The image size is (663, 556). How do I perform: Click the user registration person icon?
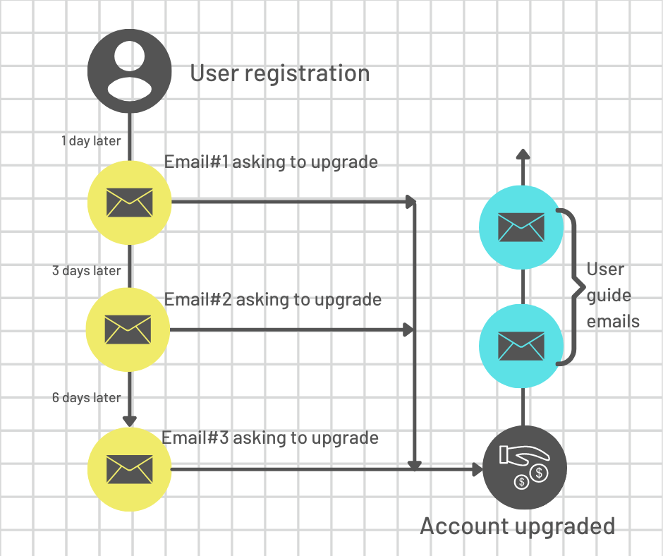(x=129, y=71)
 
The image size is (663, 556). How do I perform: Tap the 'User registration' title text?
(x=280, y=73)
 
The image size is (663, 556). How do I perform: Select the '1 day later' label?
(x=91, y=141)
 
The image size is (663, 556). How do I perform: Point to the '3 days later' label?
(x=86, y=271)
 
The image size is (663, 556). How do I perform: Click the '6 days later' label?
(x=86, y=398)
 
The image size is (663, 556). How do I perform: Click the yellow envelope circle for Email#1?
(x=129, y=203)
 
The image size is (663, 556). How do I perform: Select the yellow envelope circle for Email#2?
(x=128, y=330)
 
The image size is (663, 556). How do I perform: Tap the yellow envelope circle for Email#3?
(x=129, y=469)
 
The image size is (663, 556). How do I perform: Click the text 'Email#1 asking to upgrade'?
(x=271, y=162)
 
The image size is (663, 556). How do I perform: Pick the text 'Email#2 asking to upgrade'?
(x=273, y=300)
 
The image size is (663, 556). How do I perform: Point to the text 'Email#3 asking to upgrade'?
(x=270, y=438)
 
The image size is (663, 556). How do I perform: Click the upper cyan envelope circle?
(x=521, y=227)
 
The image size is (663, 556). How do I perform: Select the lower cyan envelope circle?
(x=521, y=346)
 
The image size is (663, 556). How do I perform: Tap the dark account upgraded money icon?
(x=524, y=468)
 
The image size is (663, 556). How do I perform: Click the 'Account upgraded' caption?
(x=518, y=526)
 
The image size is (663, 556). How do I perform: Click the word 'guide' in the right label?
(x=609, y=296)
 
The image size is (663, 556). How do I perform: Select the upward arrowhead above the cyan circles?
(x=523, y=154)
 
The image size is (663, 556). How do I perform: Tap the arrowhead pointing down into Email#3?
(x=129, y=421)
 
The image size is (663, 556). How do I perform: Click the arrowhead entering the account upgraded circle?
(x=478, y=469)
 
